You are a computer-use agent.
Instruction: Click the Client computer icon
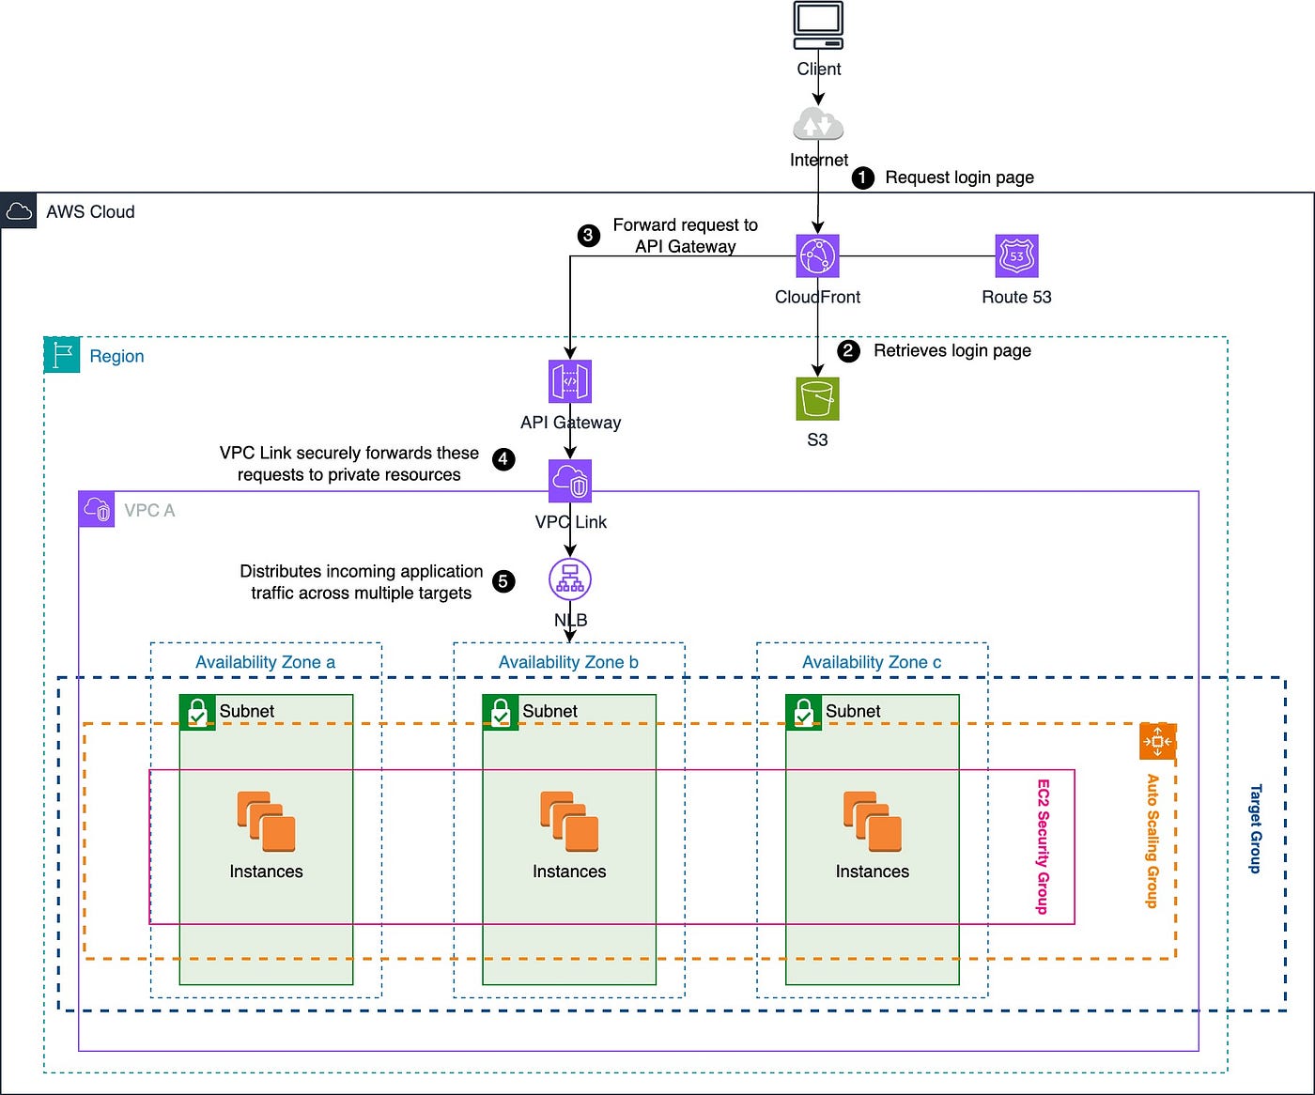pyautogui.click(x=818, y=25)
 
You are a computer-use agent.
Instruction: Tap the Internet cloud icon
pyautogui.click(x=818, y=125)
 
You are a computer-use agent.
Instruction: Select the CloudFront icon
pyautogui.click(x=817, y=255)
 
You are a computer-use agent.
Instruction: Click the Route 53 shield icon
pyautogui.click(x=1016, y=255)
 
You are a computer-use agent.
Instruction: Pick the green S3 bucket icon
pyautogui.click(x=817, y=399)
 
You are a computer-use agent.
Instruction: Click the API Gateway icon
pyautogui.click(x=570, y=381)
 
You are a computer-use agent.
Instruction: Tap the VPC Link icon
pyautogui.click(x=570, y=482)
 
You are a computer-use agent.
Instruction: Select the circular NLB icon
pyautogui.click(x=570, y=579)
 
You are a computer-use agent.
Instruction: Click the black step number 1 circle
pyautogui.click(x=862, y=177)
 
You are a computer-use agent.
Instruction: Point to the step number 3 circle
pyautogui.click(x=588, y=235)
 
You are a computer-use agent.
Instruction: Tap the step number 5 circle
pyautogui.click(x=503, y=581)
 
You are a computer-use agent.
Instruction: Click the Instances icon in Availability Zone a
pyautogui.click(x=266, y=822)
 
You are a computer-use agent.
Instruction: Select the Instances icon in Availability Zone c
pyautogui.click(x=873, y=822)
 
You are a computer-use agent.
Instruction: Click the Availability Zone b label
pyautogui.click(x=568, y=662)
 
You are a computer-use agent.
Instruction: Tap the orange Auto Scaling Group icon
pyautogui.click(x=1157, y=742)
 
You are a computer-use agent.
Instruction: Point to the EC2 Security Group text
pyautogui.click(x=1043, y=846)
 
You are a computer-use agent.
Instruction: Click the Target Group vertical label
pyautogui.click(x=1255, y=828)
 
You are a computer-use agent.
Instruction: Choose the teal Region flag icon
pyautogui.click(x=62, y=355)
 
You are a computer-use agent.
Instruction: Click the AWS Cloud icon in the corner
pyautogui.click(x=19, y=211)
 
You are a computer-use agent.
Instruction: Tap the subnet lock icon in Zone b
pyautogui.click(x=501, y=712)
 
